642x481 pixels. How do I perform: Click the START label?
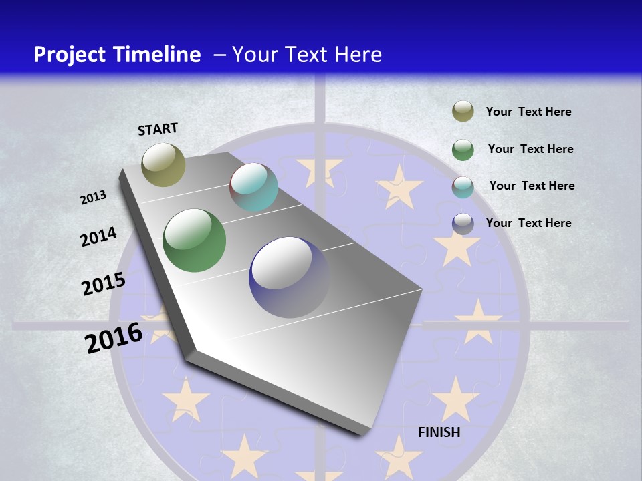pyautogui.click(x=158, y=129)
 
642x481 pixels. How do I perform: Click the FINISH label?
pyautogui.click(x=439, y=432)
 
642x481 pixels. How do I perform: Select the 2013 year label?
pyautogui.click(x=94, y=198)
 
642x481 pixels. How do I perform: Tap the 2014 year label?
pyautogui.click(x=98, y=237)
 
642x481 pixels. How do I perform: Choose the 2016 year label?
pyautogui.click(x=114, y=337)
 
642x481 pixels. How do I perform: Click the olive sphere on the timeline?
pyautogui.click(x=163, y=164)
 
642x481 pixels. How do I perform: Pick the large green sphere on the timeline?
pyautogui.click(x=195, y=240)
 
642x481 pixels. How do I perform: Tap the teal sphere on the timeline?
pyautogui.click(x=254, y=187)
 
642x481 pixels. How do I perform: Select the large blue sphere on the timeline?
pyautogui.click(x=289, y=277)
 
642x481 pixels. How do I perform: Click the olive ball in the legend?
pyautogui.click(x=463, y=112)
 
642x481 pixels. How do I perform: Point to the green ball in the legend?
pyautogui.click(x=463, y=150)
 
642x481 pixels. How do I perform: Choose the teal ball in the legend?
pyautogui.click(x=463, y=187)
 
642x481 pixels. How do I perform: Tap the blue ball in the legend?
pyautogui.click(x=463, y=224)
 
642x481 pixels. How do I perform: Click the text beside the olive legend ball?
pyautogui.click(x=528, y=112)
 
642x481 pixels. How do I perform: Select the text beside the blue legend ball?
pyautogui.click(x=528, y=223)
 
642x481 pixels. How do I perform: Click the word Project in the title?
pyautogui.click(x=70, y=55)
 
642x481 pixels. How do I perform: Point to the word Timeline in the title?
pyautogui.click(x=158, y=54)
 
